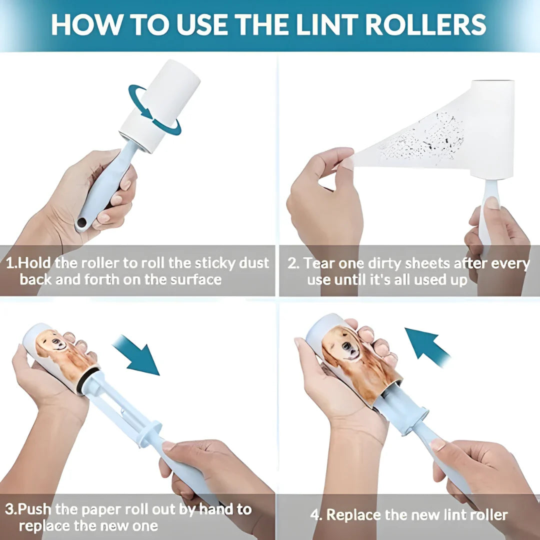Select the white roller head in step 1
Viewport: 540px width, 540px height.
pyautogui.click(x=160, y=105)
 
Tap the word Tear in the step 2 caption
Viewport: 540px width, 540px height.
pyautogui.click(x=320, y=263)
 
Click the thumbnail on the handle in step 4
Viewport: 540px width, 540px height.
pyautogui.click(x=438, y=444)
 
